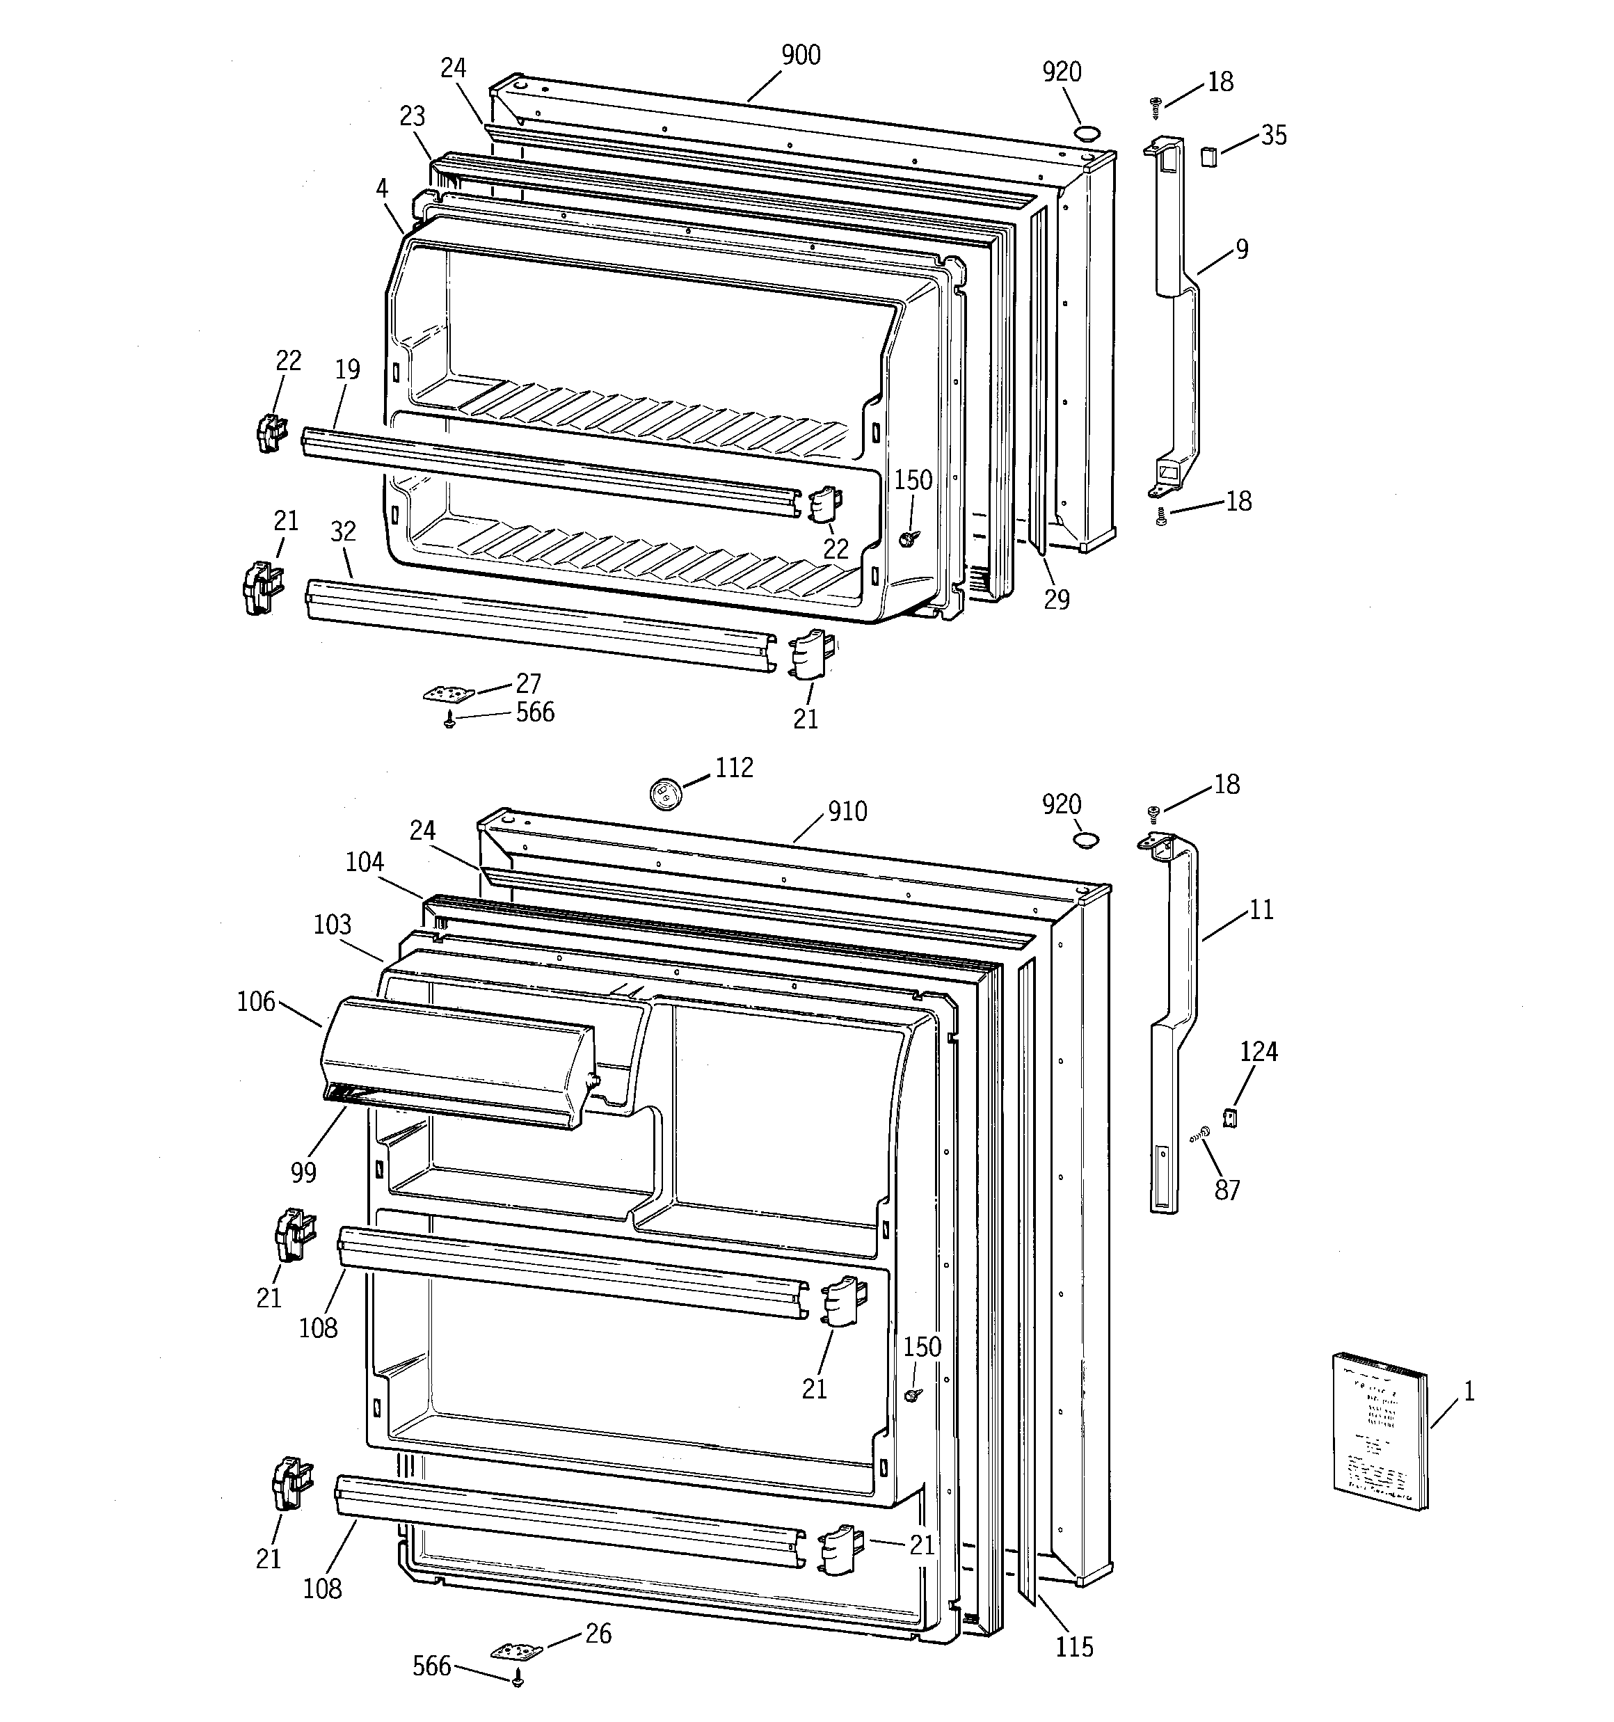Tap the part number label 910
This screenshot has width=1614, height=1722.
(x=847, y=812)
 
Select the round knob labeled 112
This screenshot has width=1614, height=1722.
(x=665, y=793)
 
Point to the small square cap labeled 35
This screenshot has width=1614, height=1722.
(x=1208, y=157)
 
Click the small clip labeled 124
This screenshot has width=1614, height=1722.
(x=1229, y=1117)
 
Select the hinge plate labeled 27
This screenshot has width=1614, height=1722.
(x=449, y=694)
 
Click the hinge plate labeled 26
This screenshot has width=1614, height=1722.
(x=516, y=1651)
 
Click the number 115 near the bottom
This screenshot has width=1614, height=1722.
(x=1074, y=1648)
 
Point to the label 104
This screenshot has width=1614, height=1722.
(x=364, y=862)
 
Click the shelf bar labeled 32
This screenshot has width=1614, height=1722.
(x=537, y=625)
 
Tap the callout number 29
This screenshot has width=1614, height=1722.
(x=1056, y=600)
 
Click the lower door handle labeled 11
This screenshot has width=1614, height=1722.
(x=1175, y=1022)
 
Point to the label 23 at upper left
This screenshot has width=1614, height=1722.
(x=413, y=116)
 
